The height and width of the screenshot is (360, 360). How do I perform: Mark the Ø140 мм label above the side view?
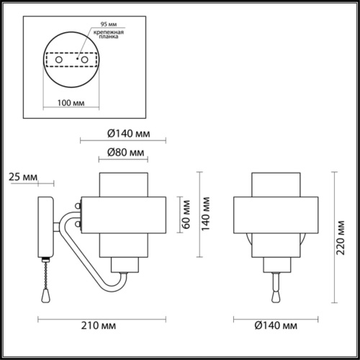[125, 133]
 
